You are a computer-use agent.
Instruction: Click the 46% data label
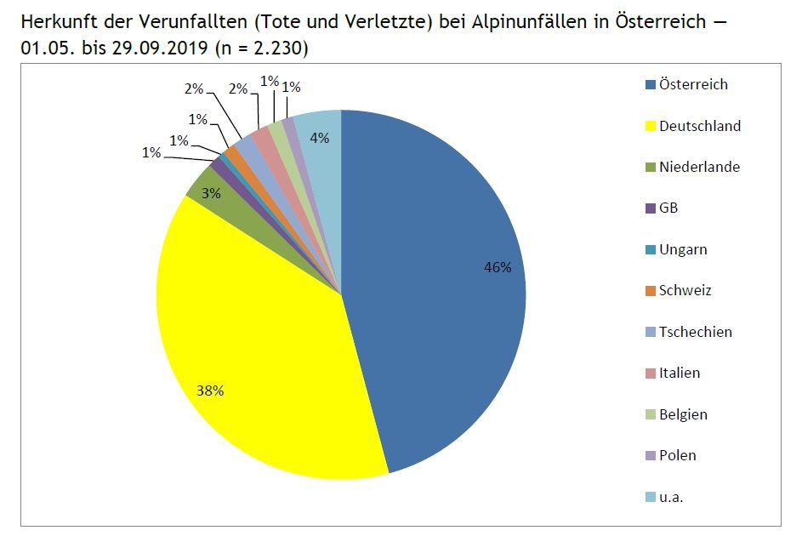tap(498, 268)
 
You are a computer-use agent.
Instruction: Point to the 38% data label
tap(210, 391)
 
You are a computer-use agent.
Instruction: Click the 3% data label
tap(211, 193)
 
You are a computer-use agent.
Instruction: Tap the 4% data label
tap(320, 138)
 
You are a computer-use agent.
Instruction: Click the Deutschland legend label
tap(700, 126)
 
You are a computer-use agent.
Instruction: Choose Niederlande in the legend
tap(699, 167)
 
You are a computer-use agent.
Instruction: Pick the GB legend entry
tap(668, 208)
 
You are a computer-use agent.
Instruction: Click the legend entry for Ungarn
tap(683, 249)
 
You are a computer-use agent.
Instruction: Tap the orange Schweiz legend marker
tap(651, 291)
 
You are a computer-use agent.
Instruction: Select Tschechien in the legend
tap(695, 332)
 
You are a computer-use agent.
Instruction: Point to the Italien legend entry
tap(680, 373)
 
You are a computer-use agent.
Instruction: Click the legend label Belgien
tap(683, 414)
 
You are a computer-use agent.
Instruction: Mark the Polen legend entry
tap(677, 455)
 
